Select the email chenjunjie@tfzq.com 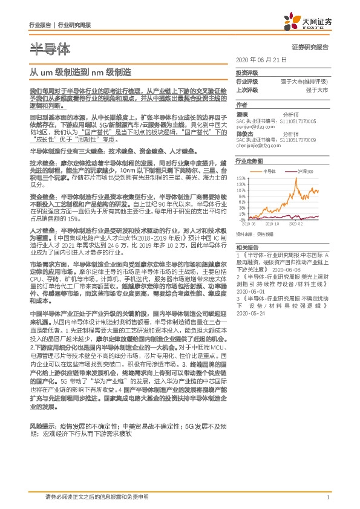[x=259, y=145]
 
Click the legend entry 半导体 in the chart [x=270, y=172]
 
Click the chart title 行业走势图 [x=249, y=161]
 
